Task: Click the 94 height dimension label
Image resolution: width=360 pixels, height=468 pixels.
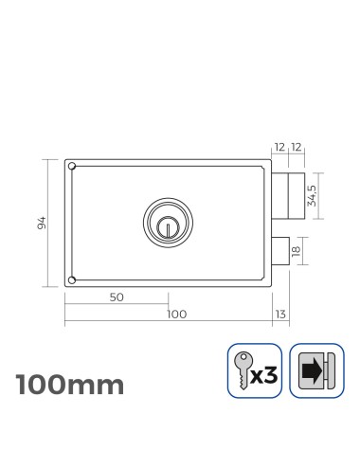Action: coord(40,222)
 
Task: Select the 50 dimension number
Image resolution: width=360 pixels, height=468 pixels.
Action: coord(117,297)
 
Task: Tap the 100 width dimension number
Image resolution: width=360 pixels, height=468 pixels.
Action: coord(176,314)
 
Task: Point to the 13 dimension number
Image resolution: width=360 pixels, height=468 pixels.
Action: coord(279,314)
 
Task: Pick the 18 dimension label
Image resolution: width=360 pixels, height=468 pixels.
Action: coord(297,251)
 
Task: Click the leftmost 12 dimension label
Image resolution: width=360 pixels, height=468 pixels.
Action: coord(279,148)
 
